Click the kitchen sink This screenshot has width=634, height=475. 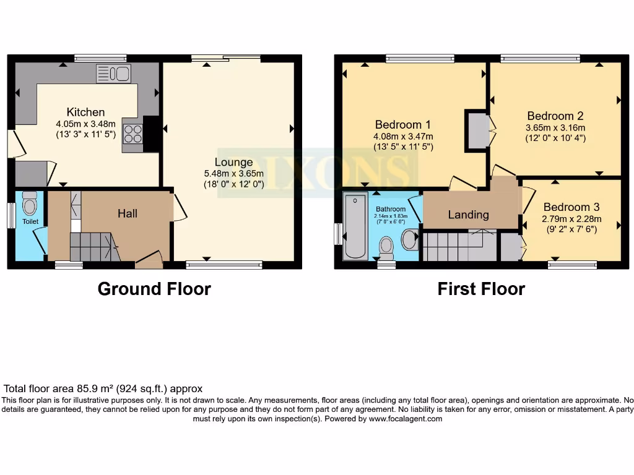[113, 74]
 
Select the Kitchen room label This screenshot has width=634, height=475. [86, 112]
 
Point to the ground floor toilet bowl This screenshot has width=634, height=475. [29, 203]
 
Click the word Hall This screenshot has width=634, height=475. [128, 213]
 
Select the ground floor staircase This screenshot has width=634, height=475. [93, 247]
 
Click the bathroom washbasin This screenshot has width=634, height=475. [409, 239]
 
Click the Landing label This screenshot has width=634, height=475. [469, 215]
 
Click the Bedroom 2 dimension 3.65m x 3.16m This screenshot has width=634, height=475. [555, 128]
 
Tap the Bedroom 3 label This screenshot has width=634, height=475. [571, 207]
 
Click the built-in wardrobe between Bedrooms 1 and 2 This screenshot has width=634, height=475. [477, 131]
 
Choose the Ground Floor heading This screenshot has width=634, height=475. [154, 289]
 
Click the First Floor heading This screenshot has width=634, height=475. [481, 289]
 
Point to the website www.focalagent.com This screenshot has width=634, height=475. [406, 419]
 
